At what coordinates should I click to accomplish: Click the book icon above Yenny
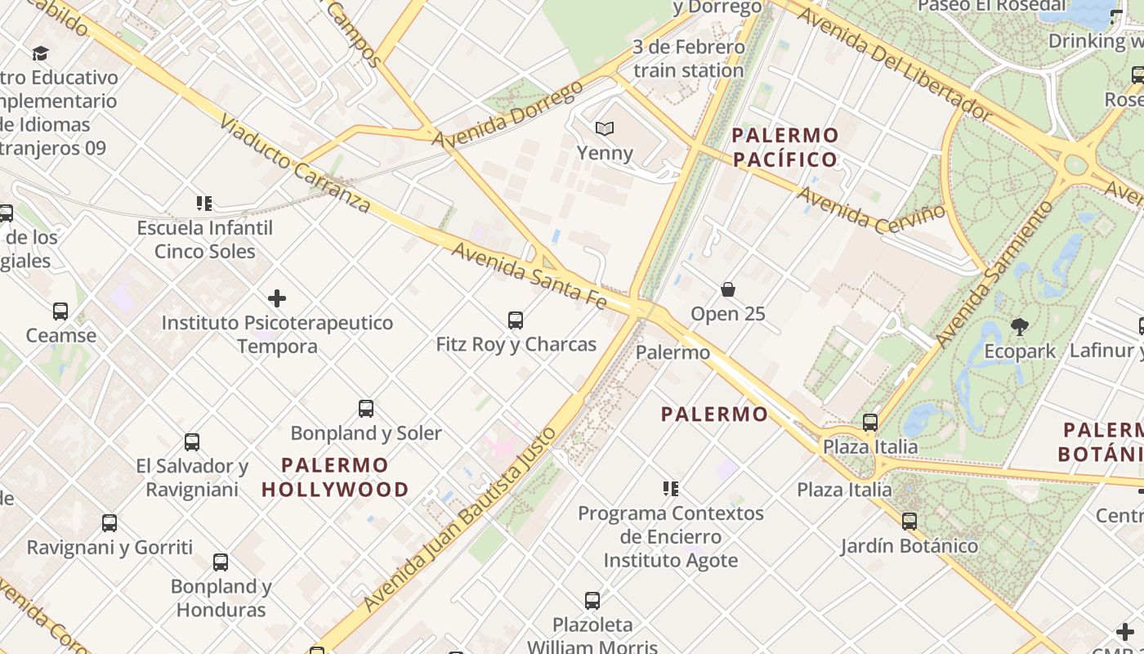coord(605,128)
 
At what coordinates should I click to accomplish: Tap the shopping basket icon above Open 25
coord(728,289)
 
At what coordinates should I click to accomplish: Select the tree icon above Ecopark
coord(1019,327)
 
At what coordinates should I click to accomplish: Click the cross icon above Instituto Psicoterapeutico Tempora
coord(277,298)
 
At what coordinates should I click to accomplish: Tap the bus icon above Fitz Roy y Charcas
coord(516,320)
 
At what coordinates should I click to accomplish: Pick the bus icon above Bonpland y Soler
coord(366,409)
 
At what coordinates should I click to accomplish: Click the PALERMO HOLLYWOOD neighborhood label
coord(335,477)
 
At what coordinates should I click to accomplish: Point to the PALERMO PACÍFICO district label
coord(785,147)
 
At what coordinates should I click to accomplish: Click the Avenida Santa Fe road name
coord(530,275)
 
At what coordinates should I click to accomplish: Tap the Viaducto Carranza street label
coord(294,163)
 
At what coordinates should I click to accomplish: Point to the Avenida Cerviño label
coord(871,209)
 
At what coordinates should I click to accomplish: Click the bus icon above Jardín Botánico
coord(909,522)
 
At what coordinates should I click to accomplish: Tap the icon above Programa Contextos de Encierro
coord(671,489)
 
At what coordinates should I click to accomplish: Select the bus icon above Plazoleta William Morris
coord(592,601)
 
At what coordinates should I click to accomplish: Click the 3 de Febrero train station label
coord(689,59)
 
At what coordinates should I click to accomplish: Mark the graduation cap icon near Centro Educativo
coord(40,54)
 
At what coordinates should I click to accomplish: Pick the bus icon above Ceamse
coord(60,311)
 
